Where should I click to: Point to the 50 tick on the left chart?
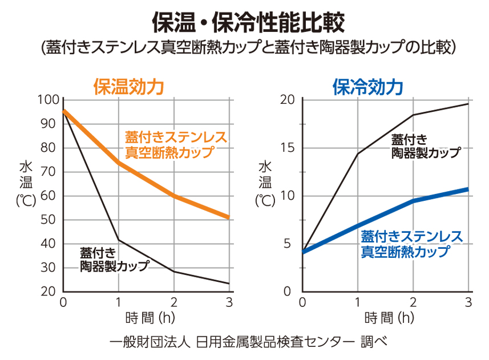[x=50, y=220]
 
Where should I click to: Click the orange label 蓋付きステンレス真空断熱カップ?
[x=176, y=145]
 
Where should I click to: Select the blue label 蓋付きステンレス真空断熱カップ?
[x=411, y=243]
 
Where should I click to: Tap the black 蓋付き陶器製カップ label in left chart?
[x=114, y=259]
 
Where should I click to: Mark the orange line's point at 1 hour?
[x=118, y=163]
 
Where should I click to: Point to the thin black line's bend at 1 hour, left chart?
[x=118, y=240]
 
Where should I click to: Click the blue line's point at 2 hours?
[x=413, y=201]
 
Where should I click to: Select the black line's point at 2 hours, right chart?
[x=413, y=115]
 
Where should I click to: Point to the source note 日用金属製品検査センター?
[x=274, y=342]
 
